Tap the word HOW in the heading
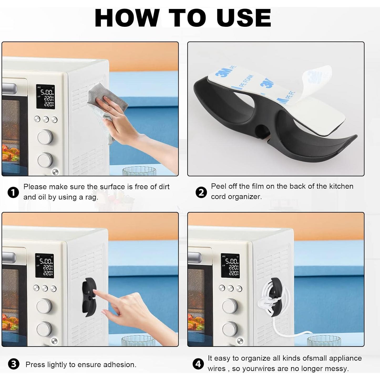click(127, 18)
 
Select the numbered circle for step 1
click(13, 192)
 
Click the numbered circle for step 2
click(201, 192)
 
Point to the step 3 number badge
click(14, 364)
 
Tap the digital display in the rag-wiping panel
click(45, 97)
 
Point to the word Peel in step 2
click(218, 186)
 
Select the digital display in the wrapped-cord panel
click(230, 266)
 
